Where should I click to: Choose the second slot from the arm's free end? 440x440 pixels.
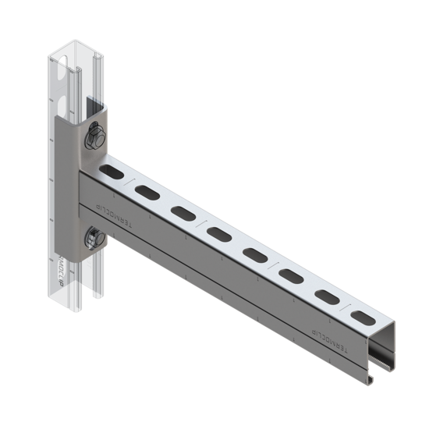pos(326,295)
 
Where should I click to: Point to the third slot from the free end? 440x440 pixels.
pos(291,275)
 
